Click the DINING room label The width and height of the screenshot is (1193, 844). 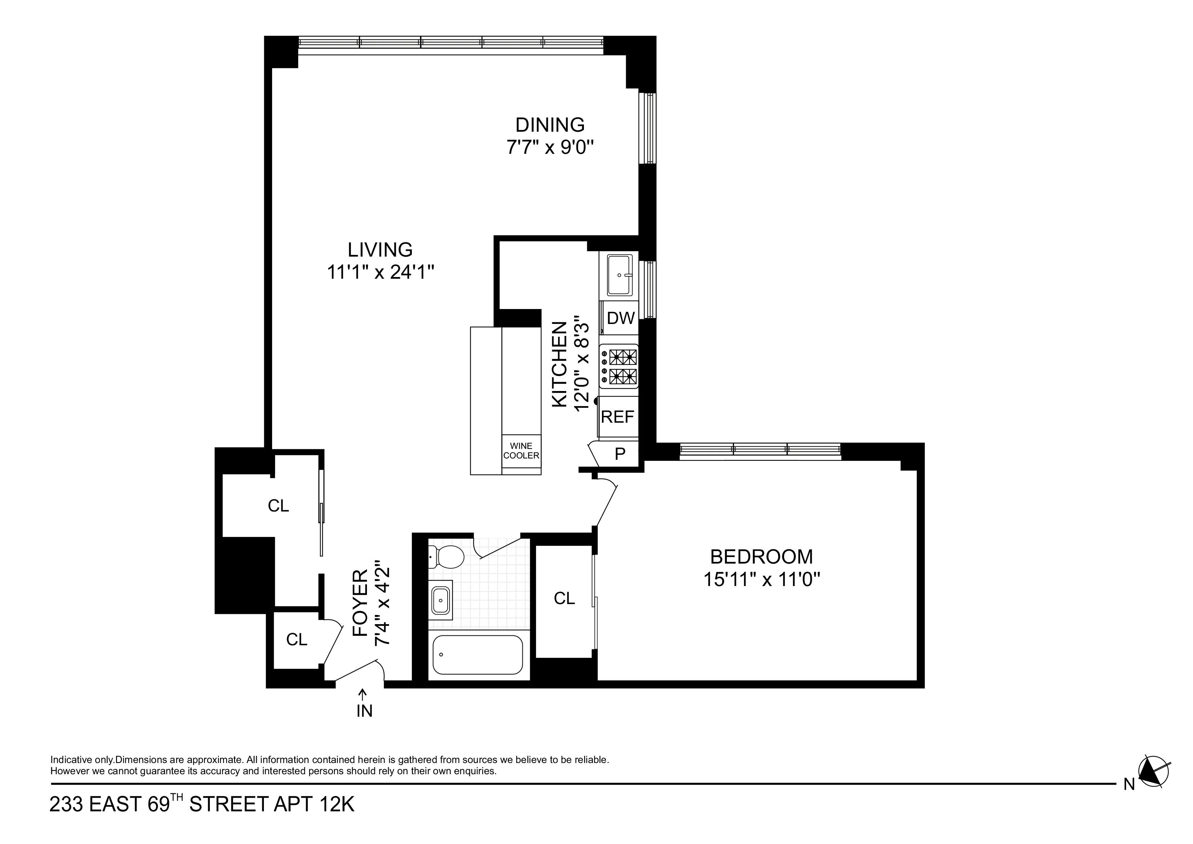[x=550, y=125]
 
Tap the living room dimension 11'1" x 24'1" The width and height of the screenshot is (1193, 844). [x=380, y=272]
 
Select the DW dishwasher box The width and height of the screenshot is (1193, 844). [x=620, y=318]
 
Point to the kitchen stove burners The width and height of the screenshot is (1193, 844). [x=622, y=366]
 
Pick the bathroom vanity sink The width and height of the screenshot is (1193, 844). [x=441, y=601]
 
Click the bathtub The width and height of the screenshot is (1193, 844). [x=477, y=655]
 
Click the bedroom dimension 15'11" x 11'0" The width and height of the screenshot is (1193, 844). [x=761, y=579]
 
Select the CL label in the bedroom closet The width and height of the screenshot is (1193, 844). [x=564, y=599]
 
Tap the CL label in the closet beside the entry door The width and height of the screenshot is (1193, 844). [x=297, y=639]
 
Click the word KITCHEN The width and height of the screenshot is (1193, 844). [x=559, y=364]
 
